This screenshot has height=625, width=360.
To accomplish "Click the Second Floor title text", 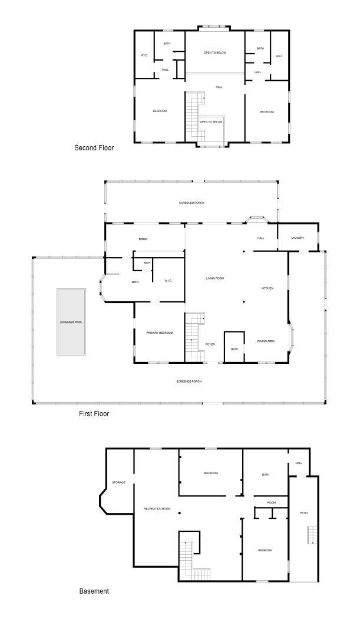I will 94,148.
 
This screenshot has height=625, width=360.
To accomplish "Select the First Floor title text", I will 94,414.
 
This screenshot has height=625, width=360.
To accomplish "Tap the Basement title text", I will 94,591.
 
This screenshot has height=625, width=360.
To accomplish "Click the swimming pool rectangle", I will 71,322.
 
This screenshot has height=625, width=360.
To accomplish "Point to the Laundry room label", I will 298,238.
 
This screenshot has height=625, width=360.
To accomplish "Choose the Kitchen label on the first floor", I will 267,288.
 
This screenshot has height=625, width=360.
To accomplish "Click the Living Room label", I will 215,278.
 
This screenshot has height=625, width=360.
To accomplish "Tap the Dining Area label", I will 266,341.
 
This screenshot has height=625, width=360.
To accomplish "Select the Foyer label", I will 210,344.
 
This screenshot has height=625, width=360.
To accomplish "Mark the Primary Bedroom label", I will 160,333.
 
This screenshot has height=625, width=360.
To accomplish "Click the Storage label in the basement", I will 118,482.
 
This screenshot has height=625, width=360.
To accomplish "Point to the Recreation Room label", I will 157,508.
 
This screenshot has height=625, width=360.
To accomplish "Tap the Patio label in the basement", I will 304,512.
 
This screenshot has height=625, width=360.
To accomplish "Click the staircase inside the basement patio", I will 311,535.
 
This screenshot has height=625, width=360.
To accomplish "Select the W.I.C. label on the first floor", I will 168,280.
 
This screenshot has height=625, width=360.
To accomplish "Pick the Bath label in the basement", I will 266,474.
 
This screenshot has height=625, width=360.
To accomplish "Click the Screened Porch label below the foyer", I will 189,381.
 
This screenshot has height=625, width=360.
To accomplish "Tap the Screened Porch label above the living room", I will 191,203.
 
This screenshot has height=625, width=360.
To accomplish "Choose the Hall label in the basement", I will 299,463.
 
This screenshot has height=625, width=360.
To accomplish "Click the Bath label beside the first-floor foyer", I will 235,349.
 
